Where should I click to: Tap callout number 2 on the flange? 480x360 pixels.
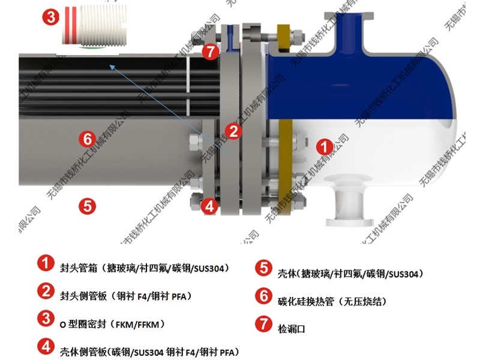pos(233,130)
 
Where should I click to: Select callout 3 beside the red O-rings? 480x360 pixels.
pos(51,17)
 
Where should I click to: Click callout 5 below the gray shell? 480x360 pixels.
pos(87,206)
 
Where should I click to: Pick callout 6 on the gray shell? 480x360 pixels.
pos(88,139)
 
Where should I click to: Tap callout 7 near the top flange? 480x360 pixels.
pos(209,52)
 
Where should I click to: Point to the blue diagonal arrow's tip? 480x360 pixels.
pos(109,66)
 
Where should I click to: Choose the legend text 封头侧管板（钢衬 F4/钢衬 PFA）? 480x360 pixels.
pos(126,295)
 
